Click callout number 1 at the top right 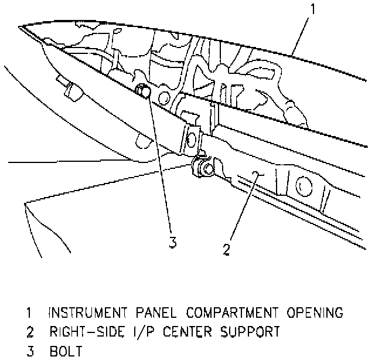pos(314,10)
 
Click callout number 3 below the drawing pos(172,242)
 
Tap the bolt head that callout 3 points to pos(141,90)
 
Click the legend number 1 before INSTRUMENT pos(29,312)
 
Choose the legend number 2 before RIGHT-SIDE pos(29,332)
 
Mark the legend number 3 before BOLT pos(29,351)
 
